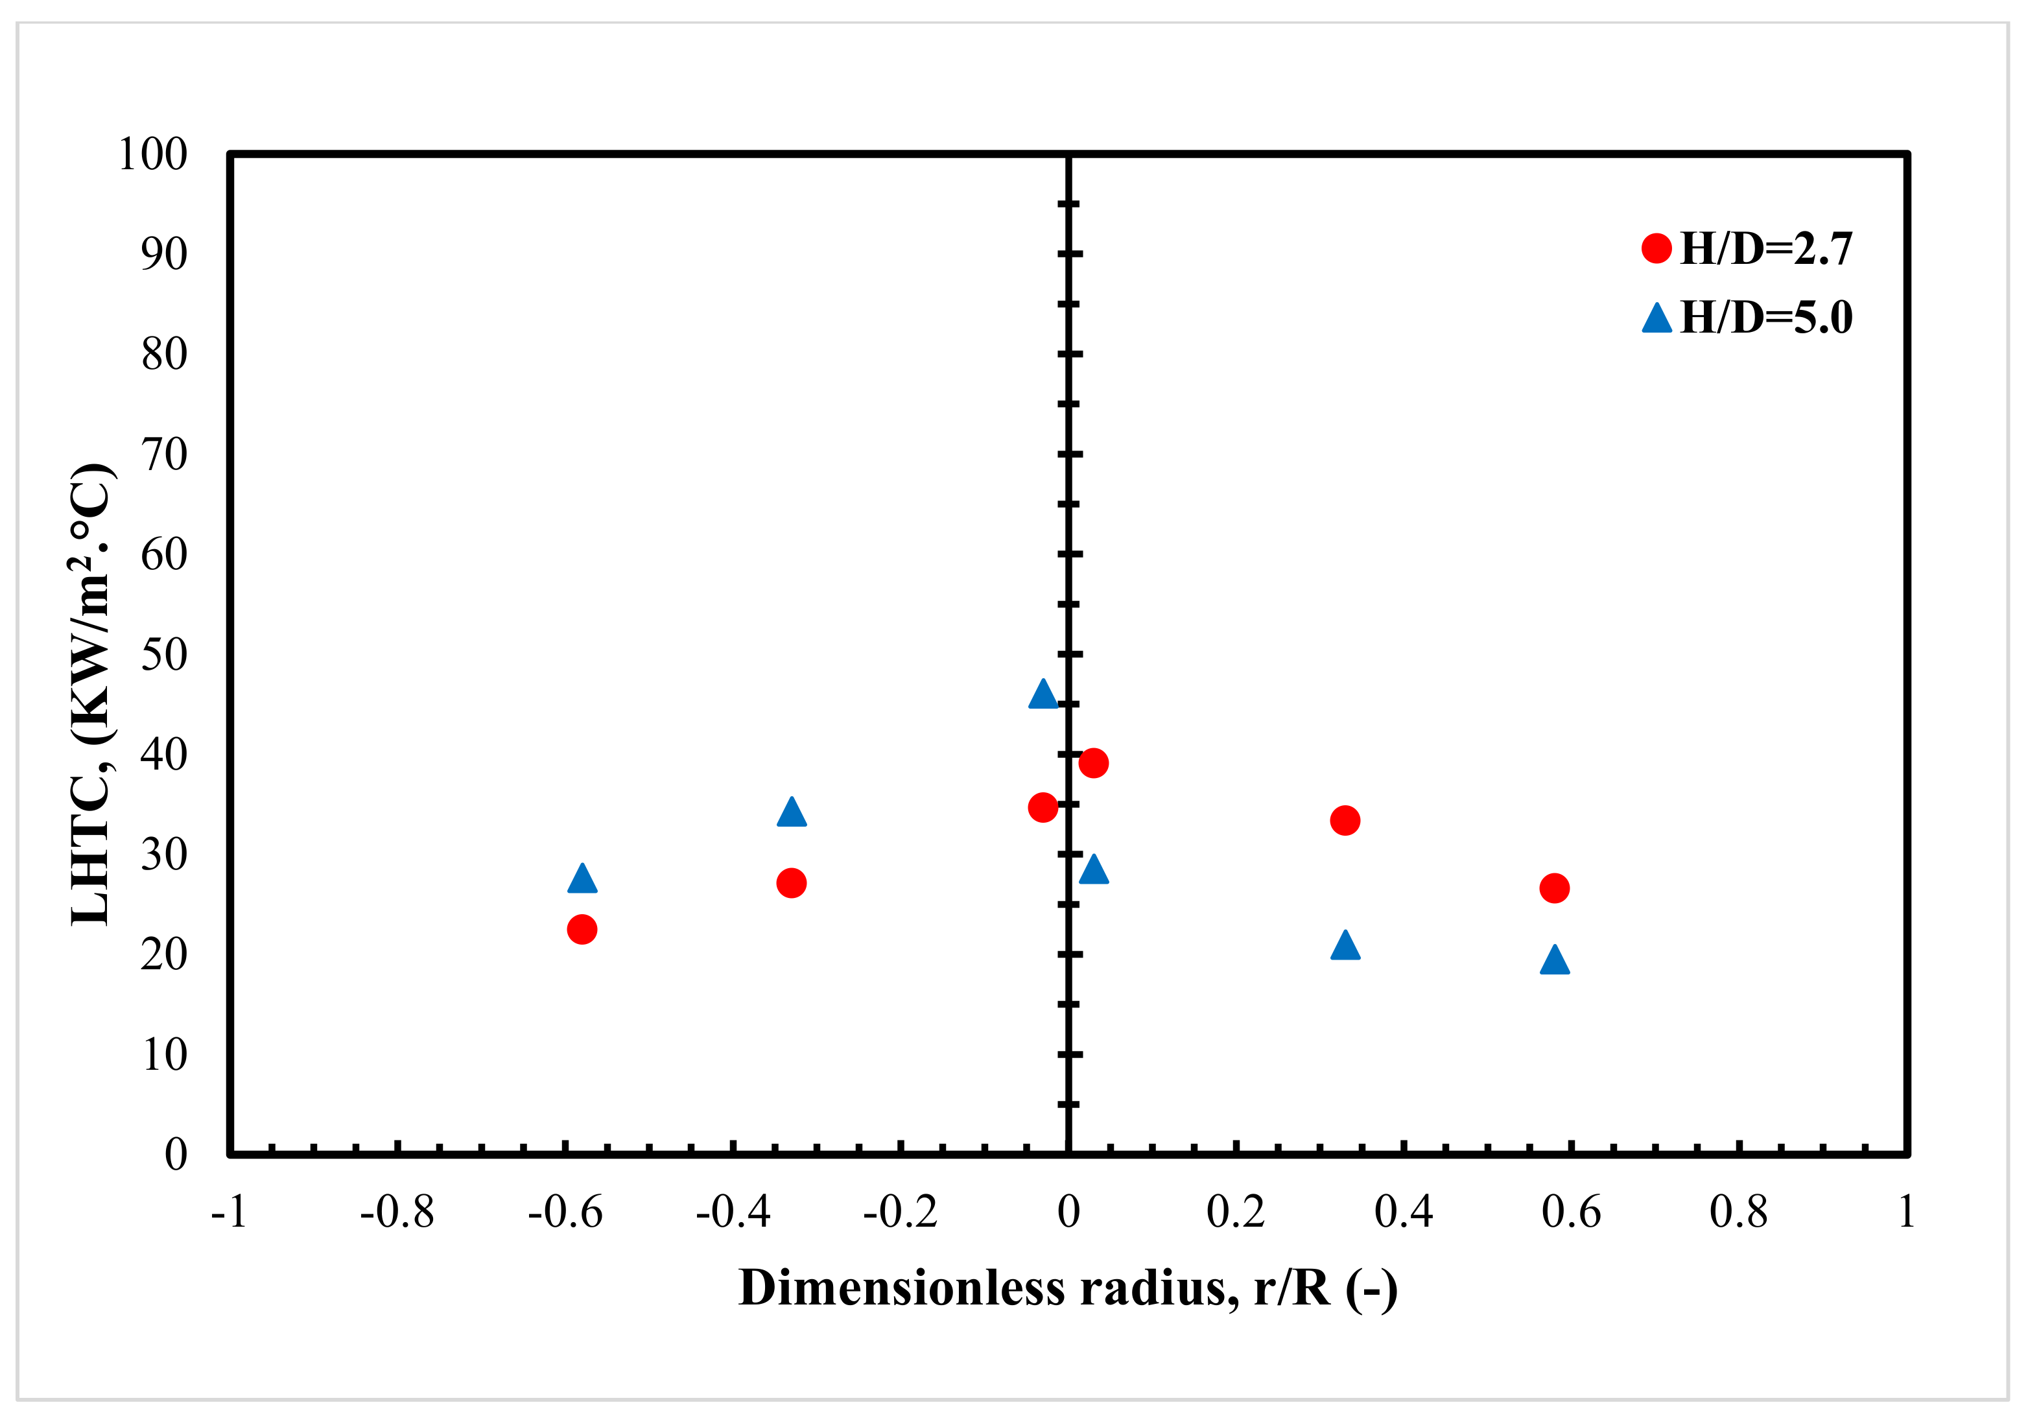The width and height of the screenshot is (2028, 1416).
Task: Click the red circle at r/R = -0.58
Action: tap(581, 928)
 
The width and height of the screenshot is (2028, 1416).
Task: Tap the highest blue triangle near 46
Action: tap(1043, 695)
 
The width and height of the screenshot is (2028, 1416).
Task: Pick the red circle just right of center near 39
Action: tap(1094, 762)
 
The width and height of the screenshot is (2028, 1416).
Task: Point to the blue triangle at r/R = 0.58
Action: tap(1555, 961)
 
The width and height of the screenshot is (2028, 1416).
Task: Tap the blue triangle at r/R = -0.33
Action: tap(792, 812)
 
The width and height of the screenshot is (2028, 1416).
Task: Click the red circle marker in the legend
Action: tap(1656, 249)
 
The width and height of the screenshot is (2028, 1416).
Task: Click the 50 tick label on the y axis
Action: tap(164, 655)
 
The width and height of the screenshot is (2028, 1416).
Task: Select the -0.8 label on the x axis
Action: tap(397, 1212)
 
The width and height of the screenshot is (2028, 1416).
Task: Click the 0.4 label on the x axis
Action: tap(1404, 1212)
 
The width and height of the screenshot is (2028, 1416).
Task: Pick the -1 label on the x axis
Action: tap(229, 1212)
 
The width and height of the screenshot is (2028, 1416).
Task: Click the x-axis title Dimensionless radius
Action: tap(1068, 1288)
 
